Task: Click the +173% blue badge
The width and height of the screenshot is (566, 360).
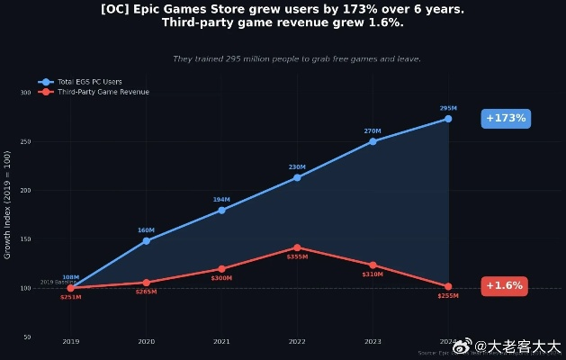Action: pyautogui.click(x=506, y=118)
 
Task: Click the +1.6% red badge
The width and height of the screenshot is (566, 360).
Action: pyautogui.click(x=505, y=286)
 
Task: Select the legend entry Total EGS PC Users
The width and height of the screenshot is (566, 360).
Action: pyautogui.click(x=89, y=82)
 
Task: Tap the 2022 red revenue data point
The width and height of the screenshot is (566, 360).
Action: pyautogui.click(x=297, y=247)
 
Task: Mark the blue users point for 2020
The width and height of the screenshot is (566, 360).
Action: pyautogui.click(x=146, y=240)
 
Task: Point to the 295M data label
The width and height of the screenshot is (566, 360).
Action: pyautogui.click(x=448, y=108)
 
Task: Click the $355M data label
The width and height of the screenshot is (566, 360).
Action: pyautogui.click(x=297, y=257)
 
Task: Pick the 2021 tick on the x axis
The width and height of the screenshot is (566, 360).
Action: pyautogui.click(x=221, y=341)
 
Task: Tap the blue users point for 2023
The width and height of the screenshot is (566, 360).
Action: pyautogui.click(x=373, y=141)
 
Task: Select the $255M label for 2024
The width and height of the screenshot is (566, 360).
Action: pyautogui.click(x=448, y=296)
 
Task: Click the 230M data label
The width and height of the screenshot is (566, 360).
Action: pyautogui.click(x=297, y=166)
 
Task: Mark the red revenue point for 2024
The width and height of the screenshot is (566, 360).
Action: pyautogui.click(x=448, y=286)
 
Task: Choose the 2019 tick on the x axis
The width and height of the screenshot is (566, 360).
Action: pyautogui.click(x=70, y=341)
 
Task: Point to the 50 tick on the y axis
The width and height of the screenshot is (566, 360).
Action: pyautogui.click(x=27, y=337)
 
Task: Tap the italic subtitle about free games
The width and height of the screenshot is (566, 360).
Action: pyautogui.click(x=296, y=58)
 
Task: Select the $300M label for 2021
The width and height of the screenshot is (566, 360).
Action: pyautogui.click(x=221, y=278)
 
